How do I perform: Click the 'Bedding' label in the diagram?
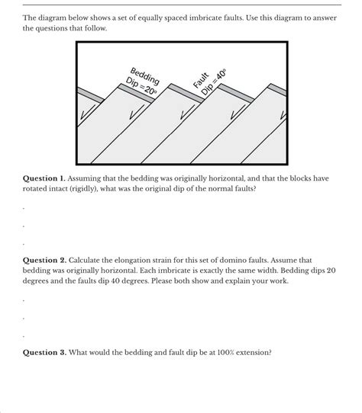pyautogui.click(x=146, y=75)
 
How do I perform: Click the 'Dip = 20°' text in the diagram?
pyautogui.click(x=140, y=85)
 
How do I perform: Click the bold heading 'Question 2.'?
pyautogui.click(x=47, y=260)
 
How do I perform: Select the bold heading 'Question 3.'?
pyautogui.click(x=47, y=353)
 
